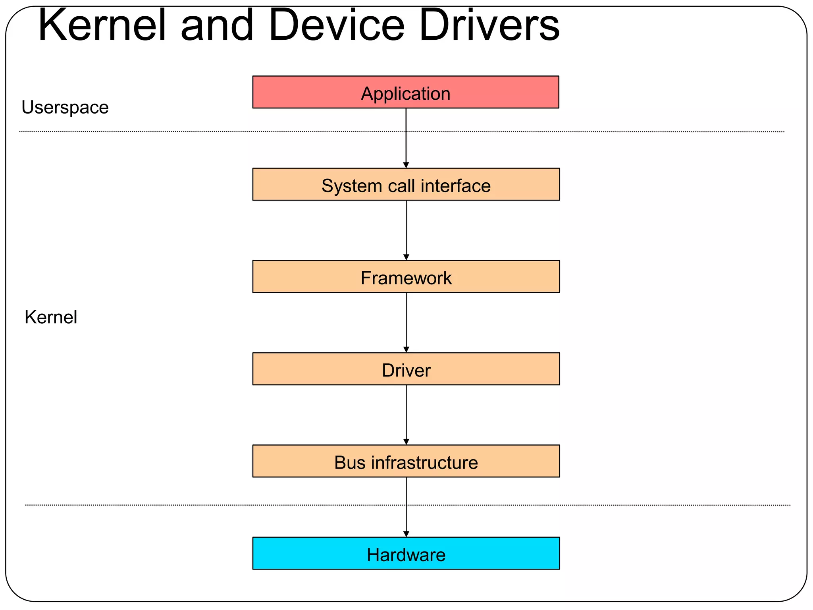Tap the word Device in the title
pos(336,25)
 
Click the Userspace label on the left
pos(65,107)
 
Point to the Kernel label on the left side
pos(51,317)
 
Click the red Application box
pos(406,92)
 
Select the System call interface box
pos(406,185)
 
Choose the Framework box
pos(406,277)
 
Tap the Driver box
pos(406,369)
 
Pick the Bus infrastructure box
pos(406,461)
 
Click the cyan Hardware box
pos(406,553)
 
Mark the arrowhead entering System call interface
pos(406,165)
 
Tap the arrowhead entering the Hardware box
pos(406,534)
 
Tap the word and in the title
pos(217,25)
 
